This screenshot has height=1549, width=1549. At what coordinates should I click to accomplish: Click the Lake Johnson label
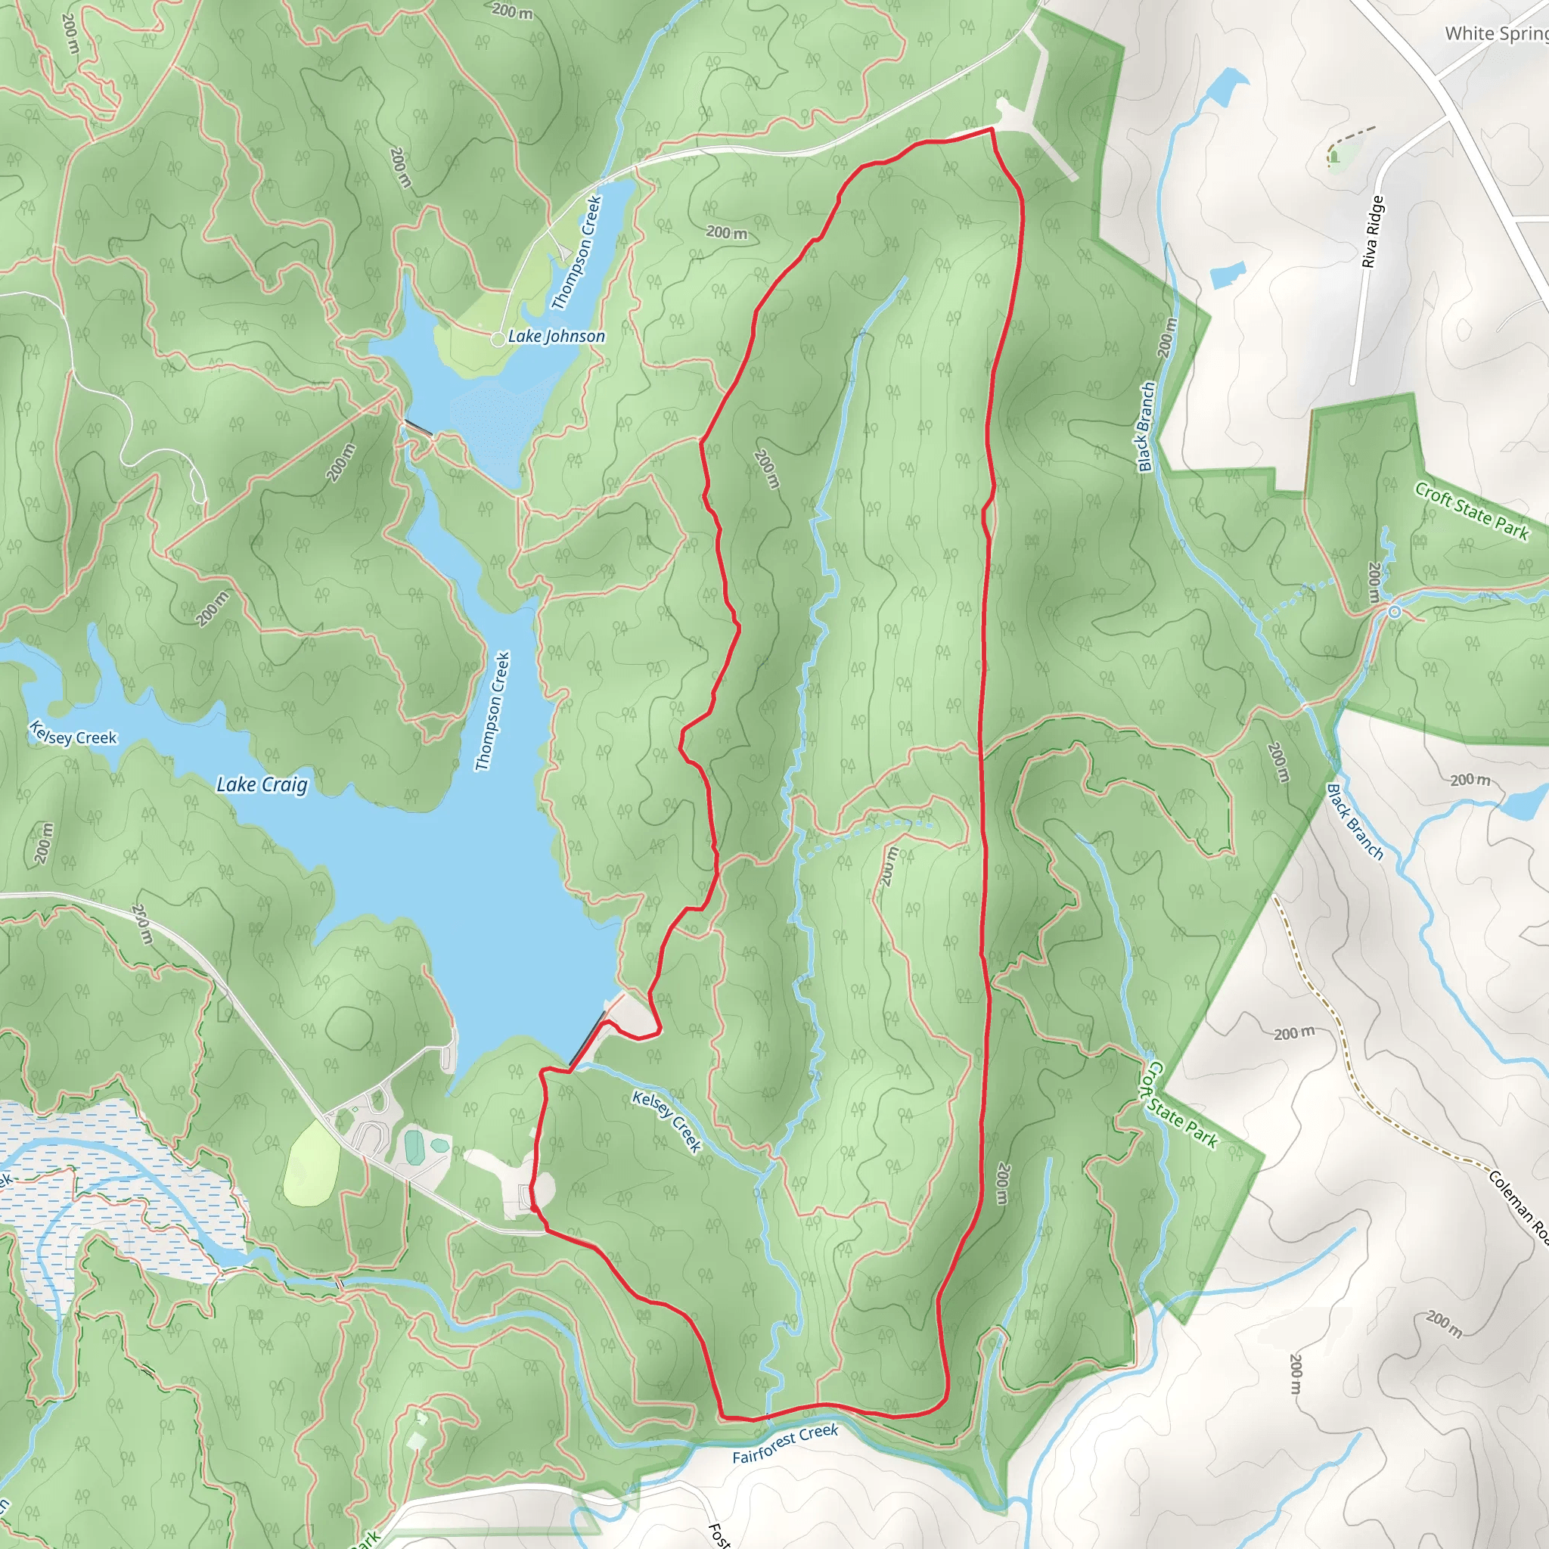(556, 337)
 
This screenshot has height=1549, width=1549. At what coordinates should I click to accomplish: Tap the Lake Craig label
(262, 785)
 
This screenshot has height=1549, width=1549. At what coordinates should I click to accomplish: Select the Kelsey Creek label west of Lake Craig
(73, 733)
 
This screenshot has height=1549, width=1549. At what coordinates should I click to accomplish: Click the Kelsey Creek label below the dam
(666, 1121)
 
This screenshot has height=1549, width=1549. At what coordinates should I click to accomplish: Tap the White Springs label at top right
(1495, 34)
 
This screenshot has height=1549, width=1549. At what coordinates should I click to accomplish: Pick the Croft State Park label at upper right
(1471, 511)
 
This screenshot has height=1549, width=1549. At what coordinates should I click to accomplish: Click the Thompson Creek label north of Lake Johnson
(576, 253)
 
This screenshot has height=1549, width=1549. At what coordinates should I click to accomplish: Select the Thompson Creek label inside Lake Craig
(492, 711)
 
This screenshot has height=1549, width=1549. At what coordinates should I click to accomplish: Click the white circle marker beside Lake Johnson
(498, 339)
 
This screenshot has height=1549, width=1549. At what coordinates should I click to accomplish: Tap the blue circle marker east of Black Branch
(1395, 612)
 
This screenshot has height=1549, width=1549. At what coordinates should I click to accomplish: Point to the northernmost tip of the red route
(992, 129)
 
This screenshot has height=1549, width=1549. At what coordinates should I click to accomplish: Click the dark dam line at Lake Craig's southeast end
(588, 1038)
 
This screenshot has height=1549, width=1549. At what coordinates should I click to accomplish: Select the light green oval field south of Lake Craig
(311, 1163)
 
